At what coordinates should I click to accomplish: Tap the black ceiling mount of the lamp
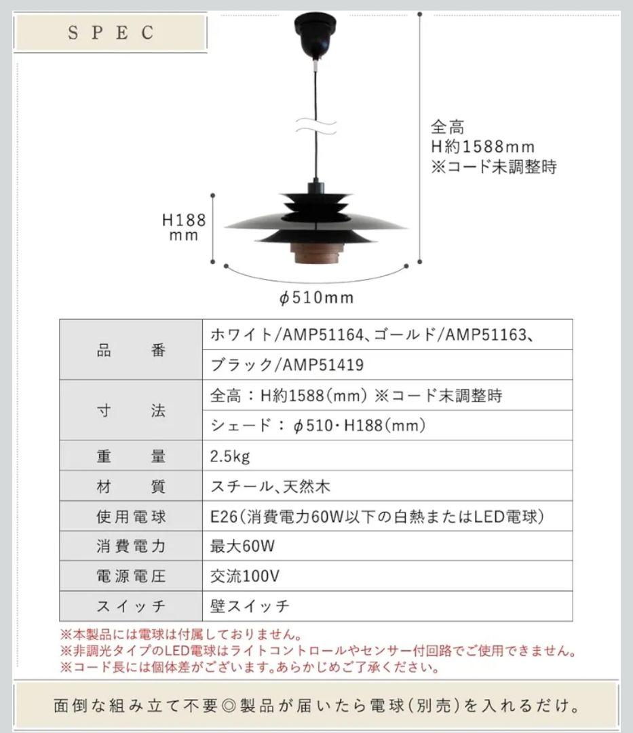(x=314, y=38)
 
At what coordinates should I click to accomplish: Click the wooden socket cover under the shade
(x=313, y=255)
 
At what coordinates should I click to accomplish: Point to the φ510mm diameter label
(x=316, y=297)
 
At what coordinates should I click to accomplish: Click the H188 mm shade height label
(x=183, y=227)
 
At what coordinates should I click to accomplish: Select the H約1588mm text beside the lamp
(x=482, y=147)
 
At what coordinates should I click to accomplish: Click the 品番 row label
(x=131, y=350)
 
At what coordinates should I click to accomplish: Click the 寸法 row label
(x=131, y=411)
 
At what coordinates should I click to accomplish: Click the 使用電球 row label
(x=131, y=516)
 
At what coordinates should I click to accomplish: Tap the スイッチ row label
(x=131, y=606)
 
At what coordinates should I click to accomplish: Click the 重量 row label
(x=131, y=456)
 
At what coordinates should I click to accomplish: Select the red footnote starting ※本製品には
(x=180, y=635)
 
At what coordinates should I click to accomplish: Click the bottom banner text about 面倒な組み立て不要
(x=316, y=706)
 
